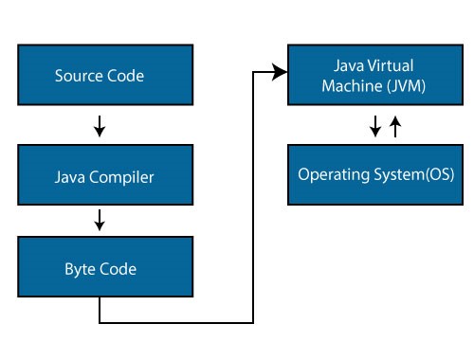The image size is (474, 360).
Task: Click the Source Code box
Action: coord(99,75)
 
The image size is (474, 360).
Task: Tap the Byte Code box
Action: coord(99,269)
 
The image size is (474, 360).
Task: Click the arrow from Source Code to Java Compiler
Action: coord(100,125)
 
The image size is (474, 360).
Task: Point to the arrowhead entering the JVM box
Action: coord(281,71)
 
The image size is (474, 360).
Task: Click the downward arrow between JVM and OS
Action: coord(375,125)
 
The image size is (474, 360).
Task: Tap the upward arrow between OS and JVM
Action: coord(396,124)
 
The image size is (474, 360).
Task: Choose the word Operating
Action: coord(331,175)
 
